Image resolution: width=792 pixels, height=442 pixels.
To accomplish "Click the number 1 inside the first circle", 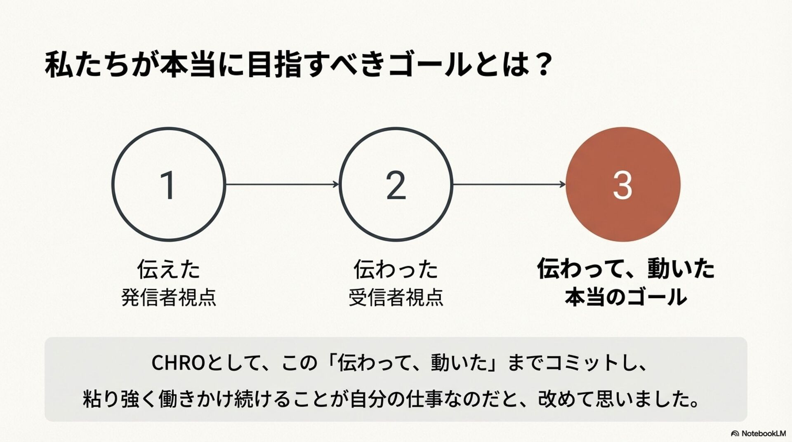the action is coord(168,185).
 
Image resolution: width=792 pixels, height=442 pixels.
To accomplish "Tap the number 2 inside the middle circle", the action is coord(396,185).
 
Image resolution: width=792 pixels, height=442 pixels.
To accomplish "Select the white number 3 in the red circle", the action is coord(622,185).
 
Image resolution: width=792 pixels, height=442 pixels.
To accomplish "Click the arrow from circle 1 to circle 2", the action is coord(282,184).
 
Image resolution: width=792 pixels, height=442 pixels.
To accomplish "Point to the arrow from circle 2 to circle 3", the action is coord(509,184).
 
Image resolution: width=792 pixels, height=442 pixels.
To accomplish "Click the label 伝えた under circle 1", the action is coord(169,269).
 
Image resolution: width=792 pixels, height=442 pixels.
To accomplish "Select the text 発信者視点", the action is coord(169,297).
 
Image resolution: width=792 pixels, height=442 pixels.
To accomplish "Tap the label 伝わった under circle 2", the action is coord(396,269).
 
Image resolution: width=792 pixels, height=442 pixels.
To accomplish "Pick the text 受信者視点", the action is coord(396,297).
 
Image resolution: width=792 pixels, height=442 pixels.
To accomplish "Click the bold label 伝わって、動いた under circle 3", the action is coord(626,269).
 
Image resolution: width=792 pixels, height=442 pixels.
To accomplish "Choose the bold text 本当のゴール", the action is coord(626,297).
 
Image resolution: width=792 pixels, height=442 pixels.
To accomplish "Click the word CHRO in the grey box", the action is coord(178,363).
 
